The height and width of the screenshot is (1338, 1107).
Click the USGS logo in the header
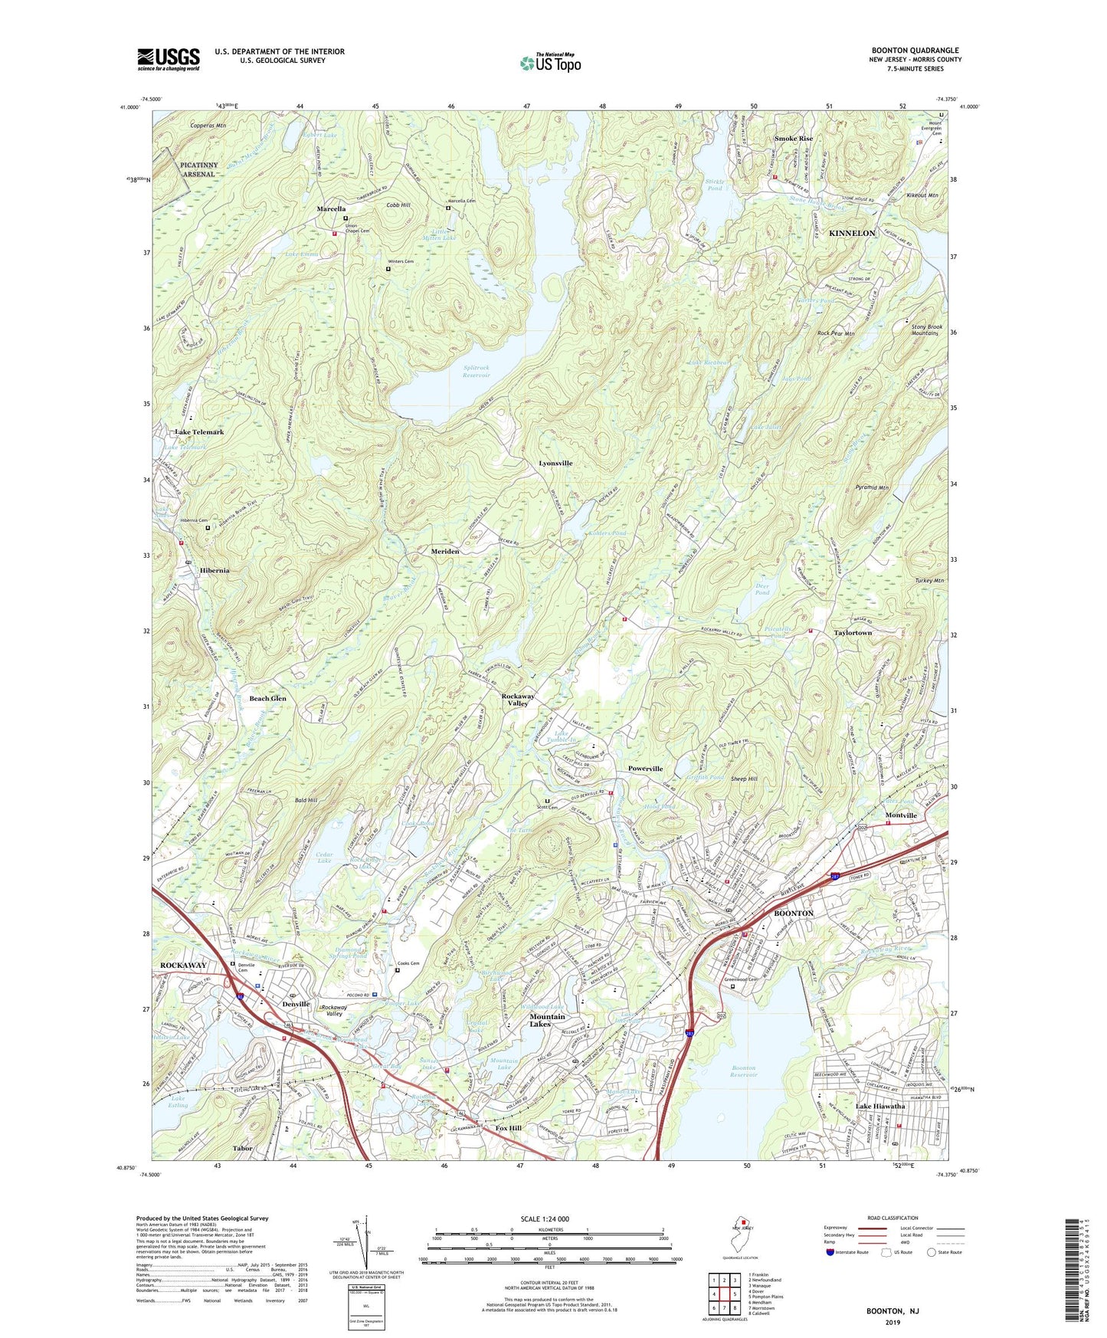coord(168,58)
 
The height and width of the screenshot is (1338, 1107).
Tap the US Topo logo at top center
coord(550,63)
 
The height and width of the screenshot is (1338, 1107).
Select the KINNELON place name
coord(852,233)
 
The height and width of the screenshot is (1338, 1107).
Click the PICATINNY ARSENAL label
coord(198,169)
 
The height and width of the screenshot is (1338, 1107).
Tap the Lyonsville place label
coord(555,464)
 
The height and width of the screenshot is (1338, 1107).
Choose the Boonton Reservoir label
coord(743,1071)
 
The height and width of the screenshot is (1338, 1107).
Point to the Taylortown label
coord(853,633)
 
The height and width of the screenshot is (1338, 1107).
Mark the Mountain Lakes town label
coord(547,1020)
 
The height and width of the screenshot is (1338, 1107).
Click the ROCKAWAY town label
coord(183,965)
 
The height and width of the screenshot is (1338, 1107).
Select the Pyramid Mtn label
coord(872,487)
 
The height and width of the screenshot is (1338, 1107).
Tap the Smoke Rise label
coord(793,139)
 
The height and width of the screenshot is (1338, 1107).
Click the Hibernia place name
coord(204,571)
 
